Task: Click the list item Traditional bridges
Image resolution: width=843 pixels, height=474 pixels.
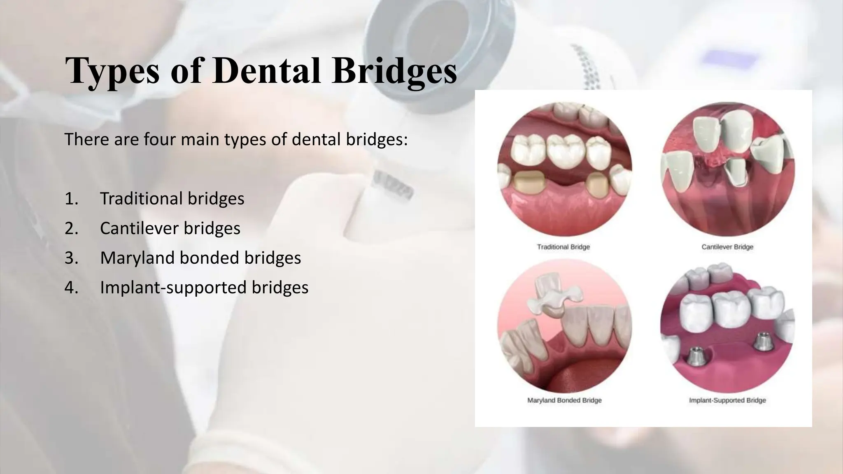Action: click(172, 198)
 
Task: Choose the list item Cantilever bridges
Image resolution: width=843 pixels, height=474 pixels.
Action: click(170, 228)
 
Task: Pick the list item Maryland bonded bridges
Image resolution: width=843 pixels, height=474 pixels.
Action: click(200, 258)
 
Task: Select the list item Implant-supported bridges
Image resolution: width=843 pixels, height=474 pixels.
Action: click(204, 287)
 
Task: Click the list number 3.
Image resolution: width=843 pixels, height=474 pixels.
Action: click(71, 258)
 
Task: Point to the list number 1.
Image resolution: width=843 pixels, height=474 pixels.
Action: click(71, 199)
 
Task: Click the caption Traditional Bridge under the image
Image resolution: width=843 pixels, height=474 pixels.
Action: click(563, 247)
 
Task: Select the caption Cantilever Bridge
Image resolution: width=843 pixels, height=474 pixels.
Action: click(727, 247)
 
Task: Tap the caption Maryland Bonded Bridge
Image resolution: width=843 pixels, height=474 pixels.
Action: click(564, 400)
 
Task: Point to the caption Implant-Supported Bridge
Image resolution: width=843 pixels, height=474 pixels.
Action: click(727, 400)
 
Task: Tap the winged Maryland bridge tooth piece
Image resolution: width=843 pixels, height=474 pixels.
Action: click(557, 297)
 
